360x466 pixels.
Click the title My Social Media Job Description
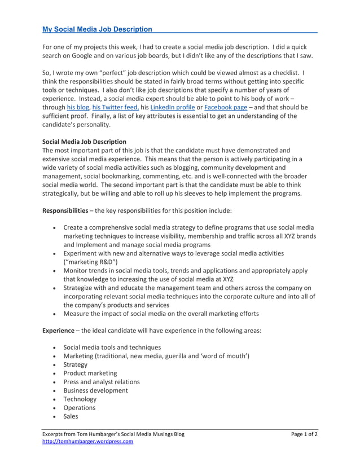(x=98, y=29)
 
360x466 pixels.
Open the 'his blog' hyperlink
(x=78, y=107)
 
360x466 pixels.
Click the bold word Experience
(x=58, y=330)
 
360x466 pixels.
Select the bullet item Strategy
(x=76, y=364)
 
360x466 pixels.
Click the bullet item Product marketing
(x=90, y=373)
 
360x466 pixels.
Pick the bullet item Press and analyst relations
(x=102, y=382)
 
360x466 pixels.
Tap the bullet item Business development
(x=95, y=390)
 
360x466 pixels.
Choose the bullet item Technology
(x=80, y=399)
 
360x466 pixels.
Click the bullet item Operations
(x=80, y=407)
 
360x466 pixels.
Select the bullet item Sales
(x=71, y=416)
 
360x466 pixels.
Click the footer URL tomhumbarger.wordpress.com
(x=88, y=442)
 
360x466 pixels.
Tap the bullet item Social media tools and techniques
(x=112, y=348)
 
